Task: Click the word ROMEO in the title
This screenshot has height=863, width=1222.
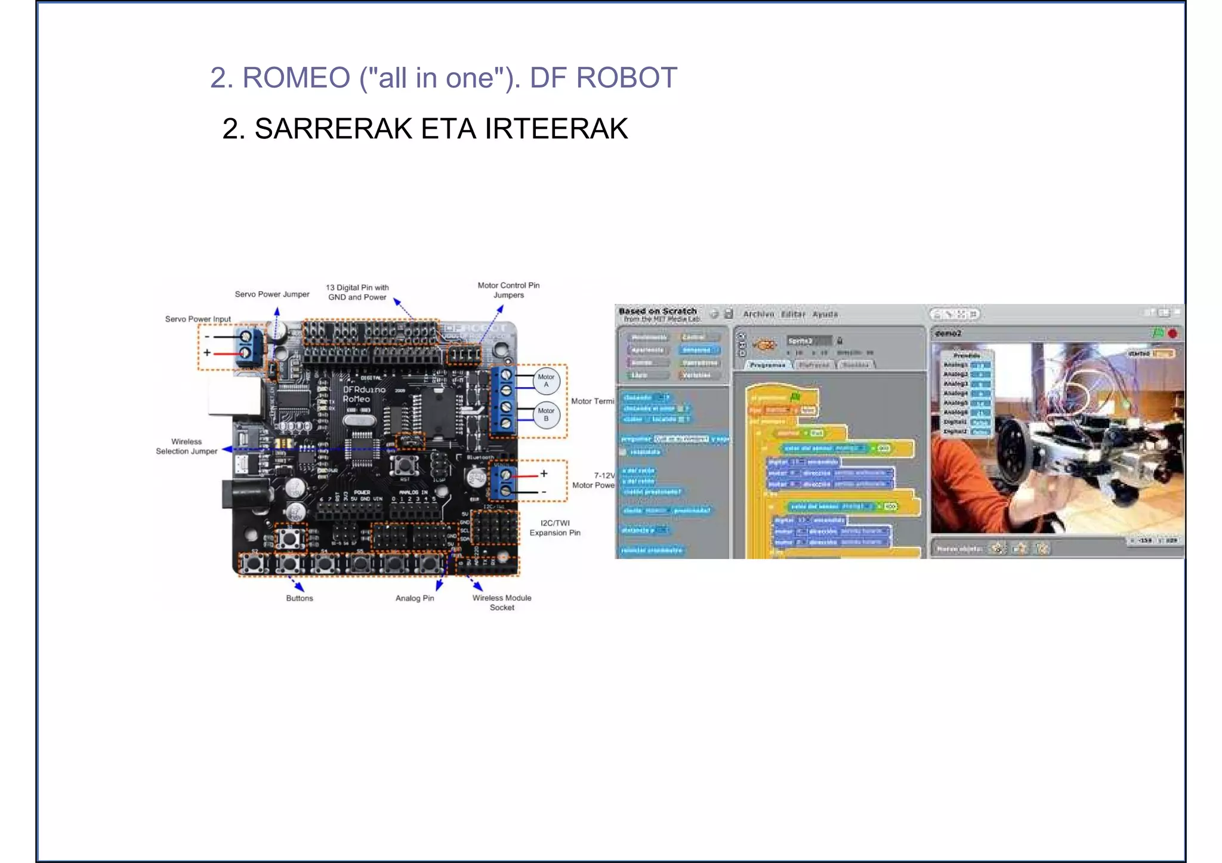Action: click(296, 78)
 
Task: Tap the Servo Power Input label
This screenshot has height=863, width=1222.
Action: click(198, 319)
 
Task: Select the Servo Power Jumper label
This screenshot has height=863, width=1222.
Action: click(271, 294)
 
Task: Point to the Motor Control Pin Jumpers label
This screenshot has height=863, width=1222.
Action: click(508, 290)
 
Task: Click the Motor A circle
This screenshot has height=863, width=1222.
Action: click(546, 381)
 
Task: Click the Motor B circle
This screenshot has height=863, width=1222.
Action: click(546, 415)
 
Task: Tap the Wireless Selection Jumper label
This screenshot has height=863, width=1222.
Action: click(186, 447)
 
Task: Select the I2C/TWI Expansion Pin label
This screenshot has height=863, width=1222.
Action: click(555, 528)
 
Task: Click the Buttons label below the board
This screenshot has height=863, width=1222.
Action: click(299, 598)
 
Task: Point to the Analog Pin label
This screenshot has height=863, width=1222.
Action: click(415, 598)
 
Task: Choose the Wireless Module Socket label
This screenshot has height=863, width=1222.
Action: click(502, 602)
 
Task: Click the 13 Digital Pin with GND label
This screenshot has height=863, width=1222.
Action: click(357, 292)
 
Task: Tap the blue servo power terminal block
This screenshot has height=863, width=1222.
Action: click(249, 346)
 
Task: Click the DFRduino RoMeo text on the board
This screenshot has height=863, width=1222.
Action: click(364, 394)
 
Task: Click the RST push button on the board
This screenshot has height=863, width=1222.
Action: click(405, 465)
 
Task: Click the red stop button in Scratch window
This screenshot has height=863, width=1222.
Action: click(1172, 333)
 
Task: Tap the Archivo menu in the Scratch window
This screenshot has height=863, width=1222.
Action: click(758, 314)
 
